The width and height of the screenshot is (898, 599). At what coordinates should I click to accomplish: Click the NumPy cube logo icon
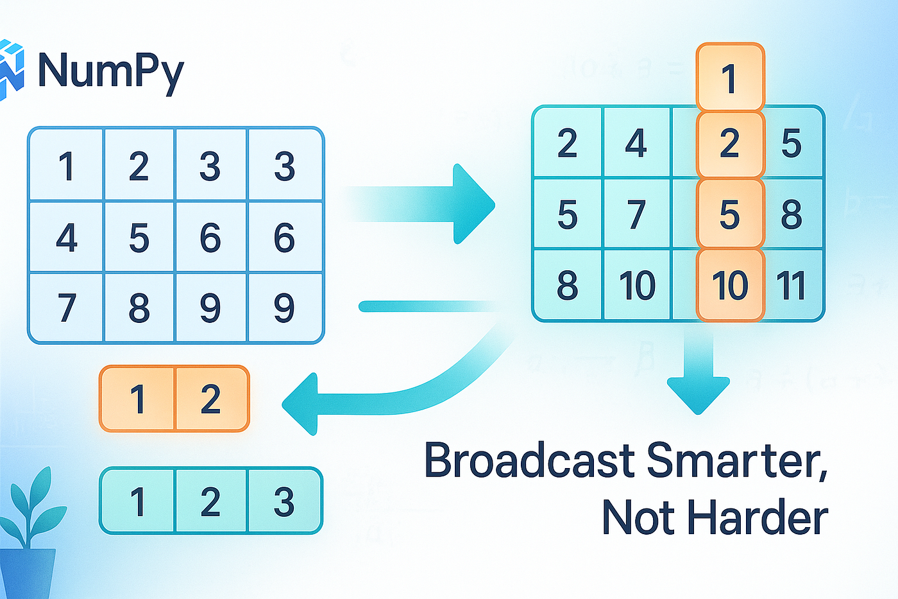tap(12, 69)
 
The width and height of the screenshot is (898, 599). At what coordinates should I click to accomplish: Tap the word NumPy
tap(110, 71)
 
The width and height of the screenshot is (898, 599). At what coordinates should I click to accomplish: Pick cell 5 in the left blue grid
tap(139, 238)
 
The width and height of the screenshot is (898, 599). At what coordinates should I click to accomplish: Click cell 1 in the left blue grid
tap(67, 166)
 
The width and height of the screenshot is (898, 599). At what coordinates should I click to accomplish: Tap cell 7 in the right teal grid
tap(636, 214)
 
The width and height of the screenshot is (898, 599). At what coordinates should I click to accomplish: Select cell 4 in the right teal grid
tap(636, 143)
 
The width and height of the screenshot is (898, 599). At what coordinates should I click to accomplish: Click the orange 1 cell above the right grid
tap(730, 78)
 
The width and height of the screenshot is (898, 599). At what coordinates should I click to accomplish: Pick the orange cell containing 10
tap(730, 285)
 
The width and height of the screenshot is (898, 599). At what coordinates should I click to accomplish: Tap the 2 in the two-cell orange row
tap(210, 399)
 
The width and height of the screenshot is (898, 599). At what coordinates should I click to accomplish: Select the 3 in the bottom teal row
tap(284, 501)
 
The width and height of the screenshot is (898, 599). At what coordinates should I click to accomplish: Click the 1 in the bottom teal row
tap(137, 501)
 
